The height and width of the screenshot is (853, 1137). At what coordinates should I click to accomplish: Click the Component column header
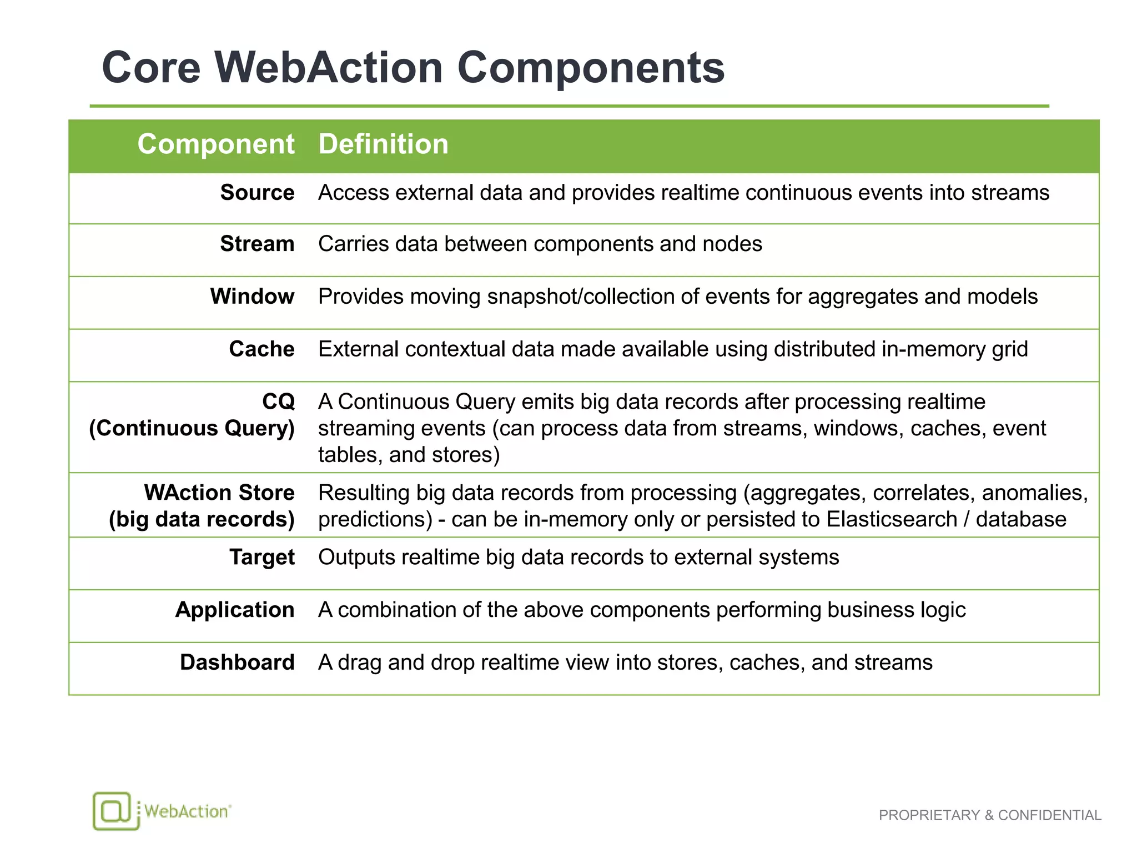click(216, 144)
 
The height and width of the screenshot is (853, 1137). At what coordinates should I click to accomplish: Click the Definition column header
click(383, 144)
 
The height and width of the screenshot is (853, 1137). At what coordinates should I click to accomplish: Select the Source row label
click(257, 193)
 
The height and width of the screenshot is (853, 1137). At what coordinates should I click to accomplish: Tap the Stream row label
click(257, 244)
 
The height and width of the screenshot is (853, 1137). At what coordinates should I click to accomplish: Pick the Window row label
click(252, 297)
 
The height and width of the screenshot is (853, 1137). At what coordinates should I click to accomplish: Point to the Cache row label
click(261, 349)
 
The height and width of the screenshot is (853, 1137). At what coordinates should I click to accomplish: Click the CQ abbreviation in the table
click(278, 402)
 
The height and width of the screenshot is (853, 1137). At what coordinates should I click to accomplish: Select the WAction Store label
click(219, 493)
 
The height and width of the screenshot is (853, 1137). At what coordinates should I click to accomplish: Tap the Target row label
click(262, 557)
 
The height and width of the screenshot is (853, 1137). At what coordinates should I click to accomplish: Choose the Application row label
click(235, 610)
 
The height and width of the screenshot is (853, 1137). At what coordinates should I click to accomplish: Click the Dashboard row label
click(237, 663)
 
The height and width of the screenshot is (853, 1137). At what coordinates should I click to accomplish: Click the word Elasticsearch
click(892, 519)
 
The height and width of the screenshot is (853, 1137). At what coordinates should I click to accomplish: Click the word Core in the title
click(151, 68)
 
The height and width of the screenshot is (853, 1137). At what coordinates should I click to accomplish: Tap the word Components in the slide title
click(591, 68)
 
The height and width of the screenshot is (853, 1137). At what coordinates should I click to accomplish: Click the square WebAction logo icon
click(113, 811)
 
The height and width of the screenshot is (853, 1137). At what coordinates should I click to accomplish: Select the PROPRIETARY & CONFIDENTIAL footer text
click(990, 815)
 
